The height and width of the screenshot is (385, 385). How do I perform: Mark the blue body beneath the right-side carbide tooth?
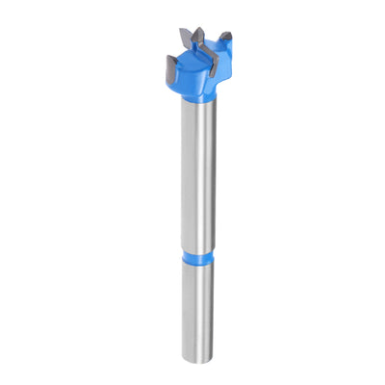[x=227, y=63]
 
